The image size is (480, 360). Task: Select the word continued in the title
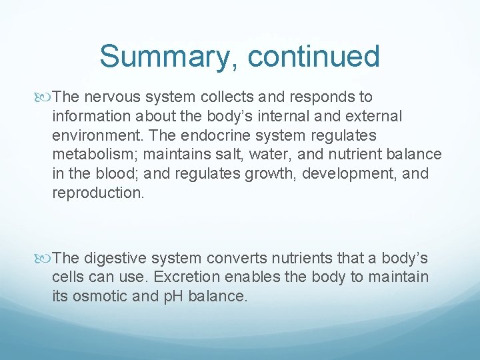pos(313,57)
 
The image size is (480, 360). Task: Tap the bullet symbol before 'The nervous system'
pos(45,97)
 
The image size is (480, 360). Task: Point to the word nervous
pos(109,97)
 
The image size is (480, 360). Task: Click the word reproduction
pos(96,193)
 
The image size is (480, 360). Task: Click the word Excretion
pos(157,277)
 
